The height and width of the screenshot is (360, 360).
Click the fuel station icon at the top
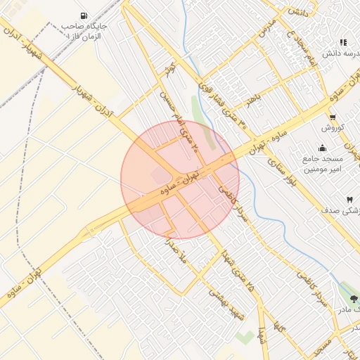tap(84, 15)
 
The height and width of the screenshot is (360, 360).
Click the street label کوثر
tap(169, 70)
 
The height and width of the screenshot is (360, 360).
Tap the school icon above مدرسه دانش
tap(343, 42)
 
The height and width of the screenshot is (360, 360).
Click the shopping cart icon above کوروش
tap(332, 117)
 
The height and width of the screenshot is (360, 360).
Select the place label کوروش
tap(331, 128)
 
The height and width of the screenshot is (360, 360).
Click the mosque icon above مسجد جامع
tap(322, 148)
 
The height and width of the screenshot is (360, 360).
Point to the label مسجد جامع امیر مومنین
tap(321, 164)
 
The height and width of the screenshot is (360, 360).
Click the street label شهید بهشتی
tap(227, 306)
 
